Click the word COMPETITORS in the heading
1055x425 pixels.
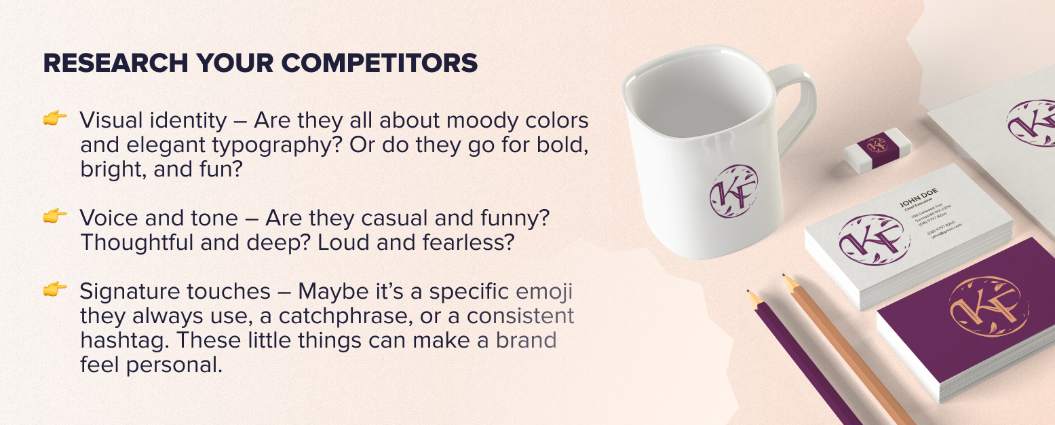pos(379,63)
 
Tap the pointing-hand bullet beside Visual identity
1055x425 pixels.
pos(55,119)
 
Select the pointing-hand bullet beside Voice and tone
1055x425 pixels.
pos(55,216)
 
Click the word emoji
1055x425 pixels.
pos(545,291)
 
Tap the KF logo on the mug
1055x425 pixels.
pos(733,191)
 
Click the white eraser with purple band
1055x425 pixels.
pos(877,147)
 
